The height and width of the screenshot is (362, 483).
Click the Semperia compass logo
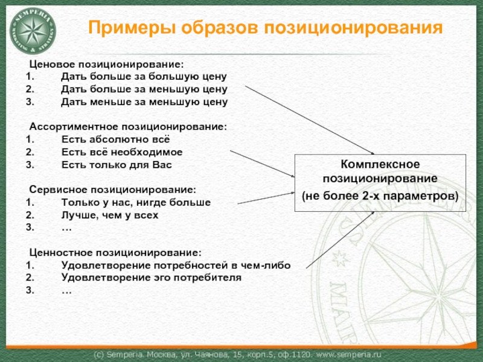tap(33, 31)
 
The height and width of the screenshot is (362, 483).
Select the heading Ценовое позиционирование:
tap(106, 65)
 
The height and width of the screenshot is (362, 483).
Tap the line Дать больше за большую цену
tap(144, 77)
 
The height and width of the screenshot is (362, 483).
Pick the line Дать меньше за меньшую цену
tap(144, 101)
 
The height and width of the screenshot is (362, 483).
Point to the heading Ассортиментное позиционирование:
tap(128, 127)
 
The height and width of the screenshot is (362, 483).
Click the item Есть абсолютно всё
tap(115, 139)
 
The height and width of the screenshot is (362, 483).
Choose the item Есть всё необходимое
tap(122, 152)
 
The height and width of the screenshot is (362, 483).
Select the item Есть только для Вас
tap(117, 165)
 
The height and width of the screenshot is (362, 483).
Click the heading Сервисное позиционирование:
tap(112, 189)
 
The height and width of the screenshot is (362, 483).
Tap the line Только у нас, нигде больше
tap(136, 202)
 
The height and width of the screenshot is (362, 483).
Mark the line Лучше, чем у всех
tap(110, 215)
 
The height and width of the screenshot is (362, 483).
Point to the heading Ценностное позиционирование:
tap(115, 252)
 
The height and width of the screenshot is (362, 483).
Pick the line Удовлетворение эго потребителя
tap(152, 278)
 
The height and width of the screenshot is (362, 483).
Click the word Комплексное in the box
tap(380, 164)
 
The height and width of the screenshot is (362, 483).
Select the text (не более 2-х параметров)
tap(380, 196)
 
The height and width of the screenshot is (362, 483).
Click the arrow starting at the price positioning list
tap(310, 119)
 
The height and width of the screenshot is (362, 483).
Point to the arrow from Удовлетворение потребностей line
tap(340, 240)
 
